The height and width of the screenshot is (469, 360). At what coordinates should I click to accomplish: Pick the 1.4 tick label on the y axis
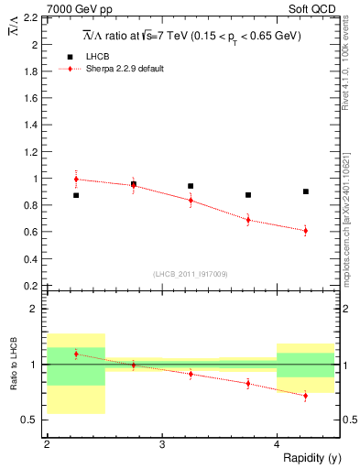[x=33, y=125]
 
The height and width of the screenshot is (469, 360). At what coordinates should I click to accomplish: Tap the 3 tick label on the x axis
[x=161, y=444]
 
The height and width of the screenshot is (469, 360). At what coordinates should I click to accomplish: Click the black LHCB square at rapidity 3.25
[x=191, y=186]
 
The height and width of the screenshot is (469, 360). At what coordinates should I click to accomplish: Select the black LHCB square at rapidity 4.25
[x=306, y=191]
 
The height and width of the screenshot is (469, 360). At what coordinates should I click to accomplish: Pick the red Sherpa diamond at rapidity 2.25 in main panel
[x=76, y=180]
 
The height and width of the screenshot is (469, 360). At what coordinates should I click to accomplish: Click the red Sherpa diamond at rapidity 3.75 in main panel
[x=248, y=220]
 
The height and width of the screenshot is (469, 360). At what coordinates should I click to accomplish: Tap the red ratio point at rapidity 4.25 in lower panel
[x=306, y=396]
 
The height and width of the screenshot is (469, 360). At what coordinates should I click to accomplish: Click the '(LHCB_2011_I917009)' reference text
[x=191, y=273]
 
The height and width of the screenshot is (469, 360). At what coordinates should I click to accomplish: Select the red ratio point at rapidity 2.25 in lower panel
[x=76, y=354]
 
